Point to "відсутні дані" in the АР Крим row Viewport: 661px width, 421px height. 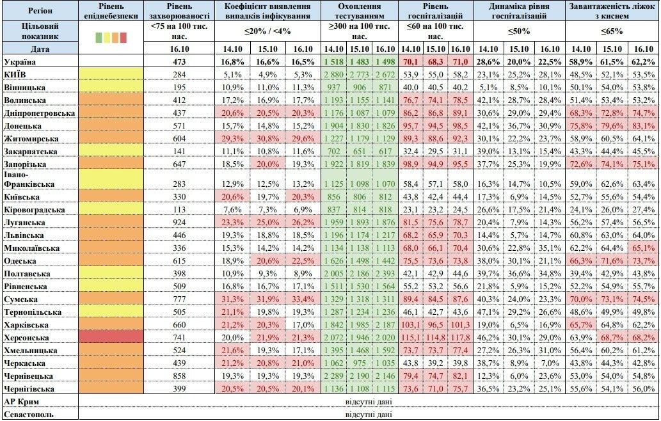(368, 401)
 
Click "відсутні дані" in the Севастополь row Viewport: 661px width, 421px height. (368, 414)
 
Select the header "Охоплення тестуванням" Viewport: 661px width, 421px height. (361, 10)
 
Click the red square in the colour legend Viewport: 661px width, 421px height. (123, 38)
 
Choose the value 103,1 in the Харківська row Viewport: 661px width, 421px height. (411, 324)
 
